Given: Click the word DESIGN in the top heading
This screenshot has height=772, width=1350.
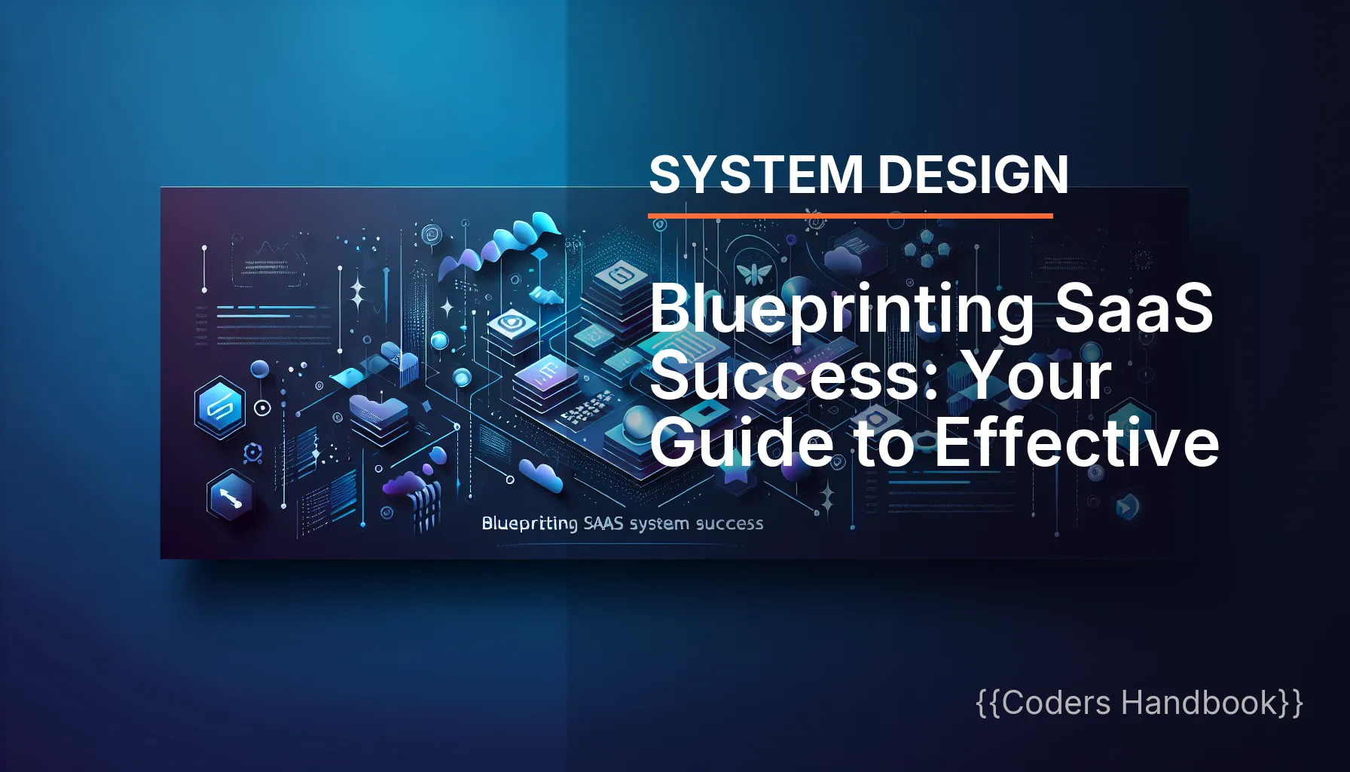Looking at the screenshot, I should (973, 175).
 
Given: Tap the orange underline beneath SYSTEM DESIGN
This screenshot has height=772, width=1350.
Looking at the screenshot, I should (850, 216).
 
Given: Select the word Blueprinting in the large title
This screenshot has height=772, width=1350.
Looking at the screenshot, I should (841, 311).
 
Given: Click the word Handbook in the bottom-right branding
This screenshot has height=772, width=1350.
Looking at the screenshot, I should (1199, 703).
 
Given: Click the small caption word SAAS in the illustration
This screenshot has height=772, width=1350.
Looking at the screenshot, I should (603, 523).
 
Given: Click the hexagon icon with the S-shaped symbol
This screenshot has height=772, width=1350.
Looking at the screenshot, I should (219, 408).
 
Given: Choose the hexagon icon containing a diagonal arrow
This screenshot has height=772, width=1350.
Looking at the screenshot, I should (230, 495).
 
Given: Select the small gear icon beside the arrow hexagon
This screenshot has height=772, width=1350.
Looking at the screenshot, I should (252, 453).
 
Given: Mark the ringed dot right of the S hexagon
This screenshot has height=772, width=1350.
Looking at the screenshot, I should (262, 408).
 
